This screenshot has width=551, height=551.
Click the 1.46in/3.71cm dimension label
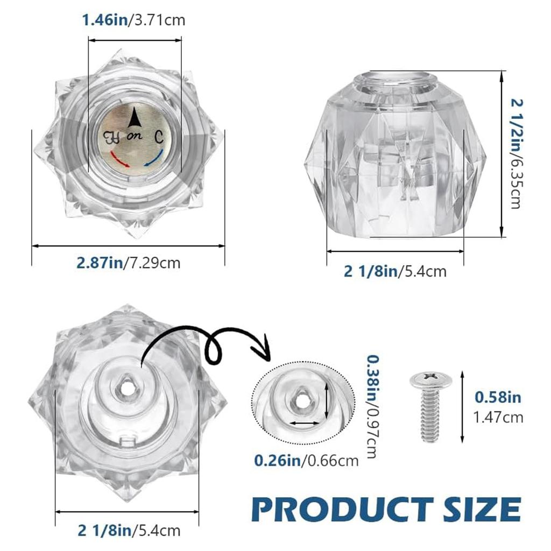(133, 20)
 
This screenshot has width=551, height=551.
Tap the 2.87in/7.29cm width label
(128, 263)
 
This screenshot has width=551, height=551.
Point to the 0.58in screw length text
(498, 398)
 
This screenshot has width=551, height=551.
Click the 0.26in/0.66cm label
(306, 460)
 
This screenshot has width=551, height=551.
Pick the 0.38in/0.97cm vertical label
(371, 406)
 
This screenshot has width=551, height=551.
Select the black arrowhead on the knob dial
(135, 115)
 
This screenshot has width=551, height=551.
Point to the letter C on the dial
(160, 136)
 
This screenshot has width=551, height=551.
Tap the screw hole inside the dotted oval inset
(298, 401)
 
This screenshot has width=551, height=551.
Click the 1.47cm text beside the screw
(498, 416)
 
